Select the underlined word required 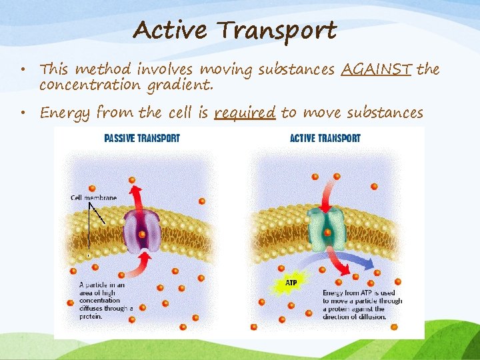[x=245, y=112]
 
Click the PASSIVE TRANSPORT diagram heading [x=142, y=139]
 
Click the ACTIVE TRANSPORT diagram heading [x=325, y=139]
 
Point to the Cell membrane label [x=93, y=197]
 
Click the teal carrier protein [x=327, y=227]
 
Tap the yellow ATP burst [x=291, y=283]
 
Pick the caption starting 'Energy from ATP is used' [x=362, y=305]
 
